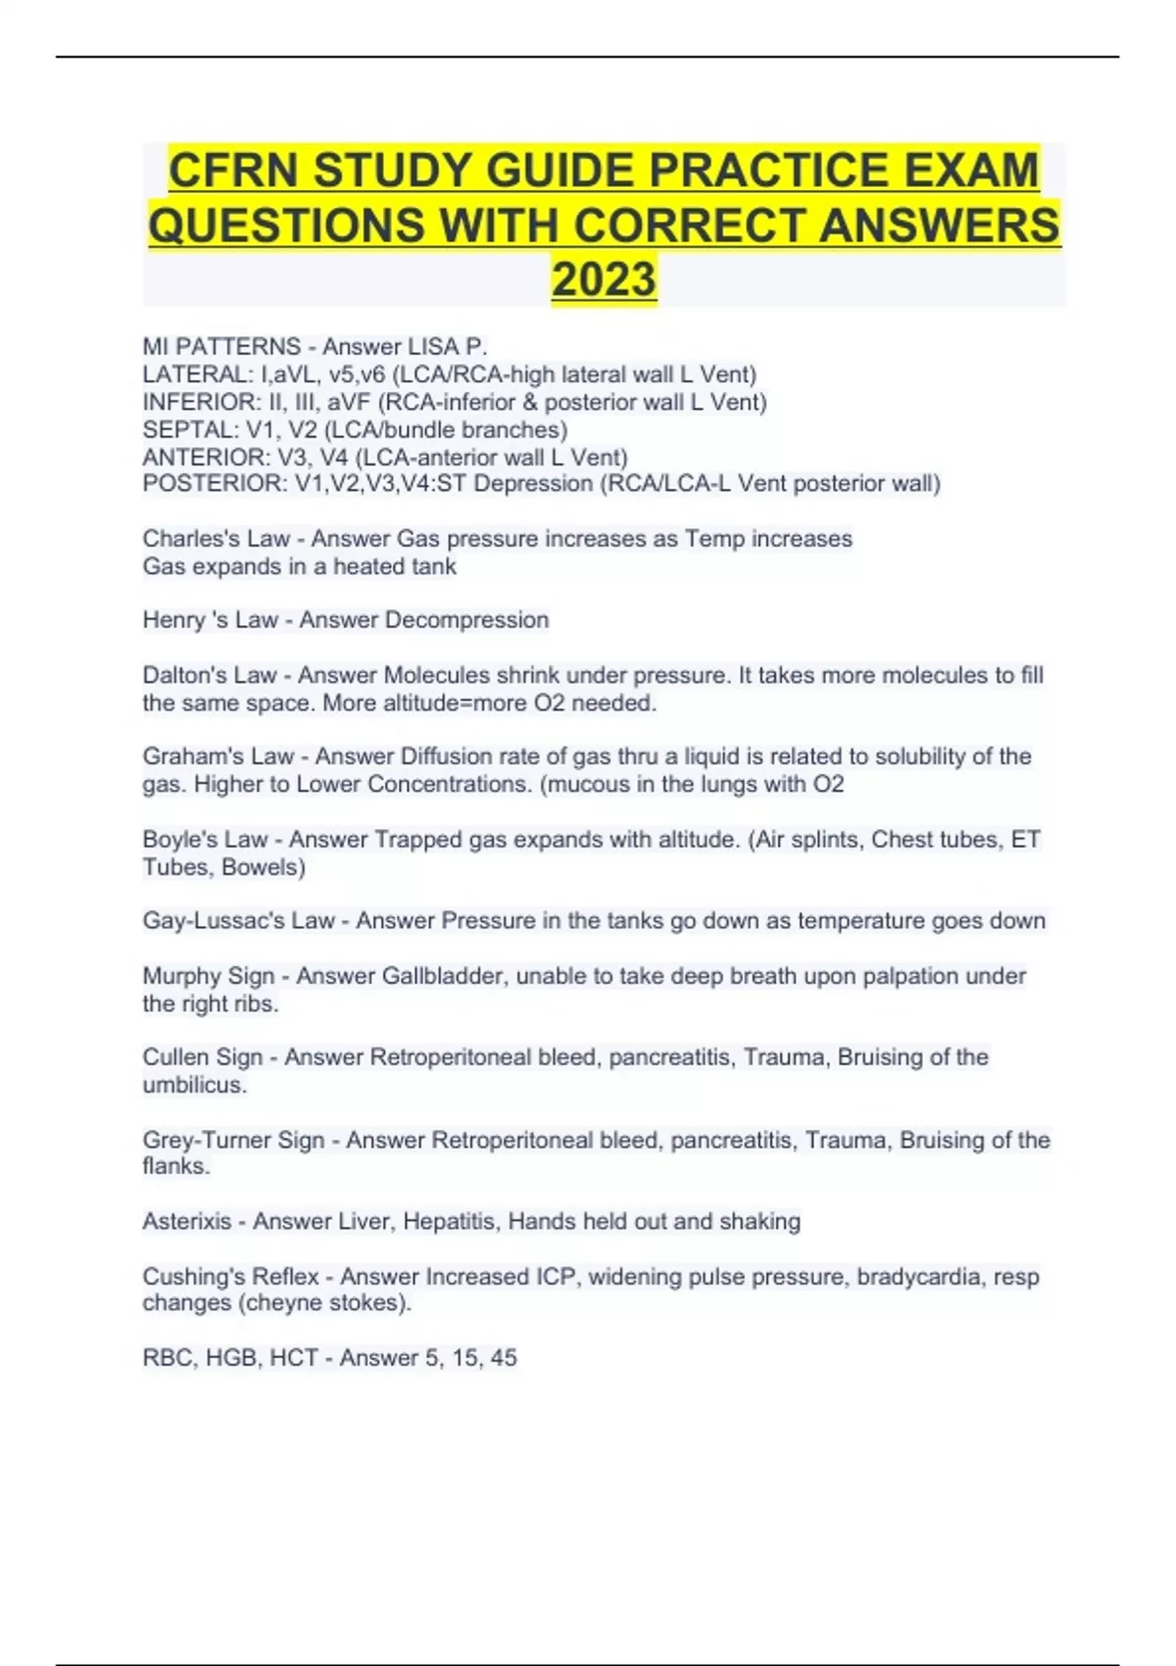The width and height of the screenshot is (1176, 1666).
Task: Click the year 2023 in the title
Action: click(604, 278)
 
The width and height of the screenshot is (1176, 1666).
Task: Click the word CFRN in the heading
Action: click(233, 171)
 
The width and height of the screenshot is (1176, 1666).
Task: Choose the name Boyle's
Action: click(178, 840)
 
